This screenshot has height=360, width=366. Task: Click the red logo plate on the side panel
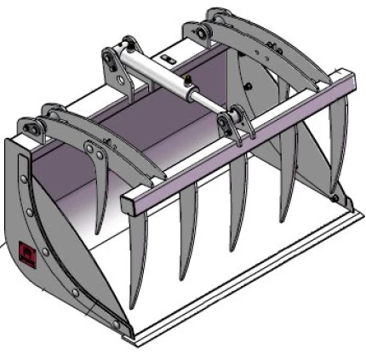pos(23,257)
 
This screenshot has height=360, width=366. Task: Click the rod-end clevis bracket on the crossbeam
pos(227,125)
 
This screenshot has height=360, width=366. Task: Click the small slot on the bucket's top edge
pos(169,59)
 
